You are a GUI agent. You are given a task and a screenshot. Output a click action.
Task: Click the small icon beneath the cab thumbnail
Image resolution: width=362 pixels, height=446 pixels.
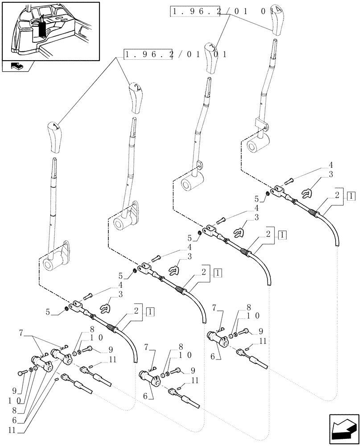[x=18, y=66]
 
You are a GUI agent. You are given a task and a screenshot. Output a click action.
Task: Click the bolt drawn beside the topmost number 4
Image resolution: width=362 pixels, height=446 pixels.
[x=288, y=181]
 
